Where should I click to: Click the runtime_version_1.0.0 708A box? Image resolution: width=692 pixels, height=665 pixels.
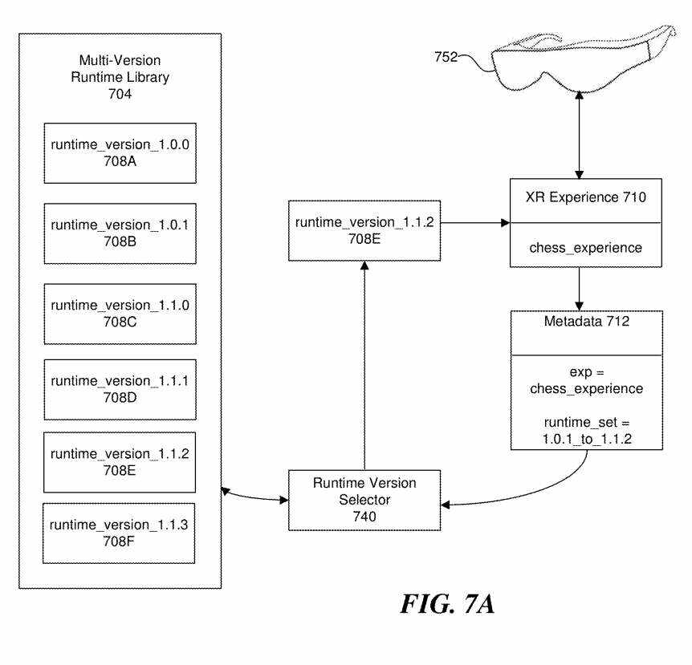[120, 153]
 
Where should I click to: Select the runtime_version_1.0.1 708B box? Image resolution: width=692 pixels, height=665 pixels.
[120, 233]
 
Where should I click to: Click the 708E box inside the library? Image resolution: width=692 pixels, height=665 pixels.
[120, 461]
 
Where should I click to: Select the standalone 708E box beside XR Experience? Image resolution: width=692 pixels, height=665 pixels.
[364, 230]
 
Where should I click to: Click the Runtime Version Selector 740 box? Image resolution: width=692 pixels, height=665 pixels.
[364, 499]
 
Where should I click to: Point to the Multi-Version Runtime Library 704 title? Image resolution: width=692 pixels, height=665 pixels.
[120, 77]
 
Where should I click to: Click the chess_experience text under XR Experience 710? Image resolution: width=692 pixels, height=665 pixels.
[586, 247]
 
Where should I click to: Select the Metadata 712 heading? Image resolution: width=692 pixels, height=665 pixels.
[586, 322]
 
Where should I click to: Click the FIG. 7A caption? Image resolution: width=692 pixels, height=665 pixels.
[447, 603]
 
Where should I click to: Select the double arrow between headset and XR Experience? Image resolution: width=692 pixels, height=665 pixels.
[579, 132]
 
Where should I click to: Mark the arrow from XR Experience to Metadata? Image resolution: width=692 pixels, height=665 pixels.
[579, 288]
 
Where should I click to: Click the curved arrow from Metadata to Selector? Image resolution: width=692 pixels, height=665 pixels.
[554, 489]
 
